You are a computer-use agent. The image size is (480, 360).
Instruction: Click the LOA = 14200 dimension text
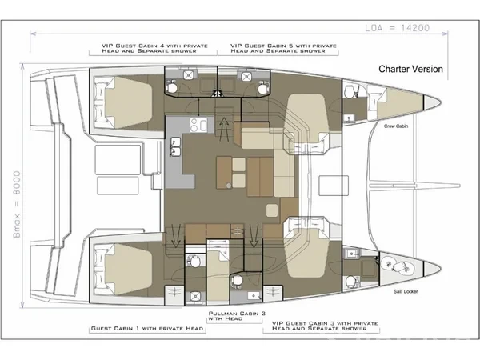point(397,28)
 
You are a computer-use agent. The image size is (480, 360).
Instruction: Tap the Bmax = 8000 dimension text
point(17,204)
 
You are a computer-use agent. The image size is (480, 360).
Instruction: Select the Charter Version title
point(410,69)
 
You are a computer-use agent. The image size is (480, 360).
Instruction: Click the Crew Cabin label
point(396,126)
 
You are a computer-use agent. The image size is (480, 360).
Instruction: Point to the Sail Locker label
point(406,291)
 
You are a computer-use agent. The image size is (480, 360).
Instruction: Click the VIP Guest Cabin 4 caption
point(154,48)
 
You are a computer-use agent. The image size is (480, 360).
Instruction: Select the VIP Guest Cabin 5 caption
point(283,48)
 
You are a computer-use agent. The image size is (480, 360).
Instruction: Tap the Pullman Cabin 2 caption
point(237,316)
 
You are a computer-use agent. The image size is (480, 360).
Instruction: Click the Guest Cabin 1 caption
point(147,329)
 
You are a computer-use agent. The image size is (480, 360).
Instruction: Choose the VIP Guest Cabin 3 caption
point(325,326)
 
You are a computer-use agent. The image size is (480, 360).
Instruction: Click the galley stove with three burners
point(198,126)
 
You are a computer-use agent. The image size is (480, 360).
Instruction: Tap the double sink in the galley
point(174,147)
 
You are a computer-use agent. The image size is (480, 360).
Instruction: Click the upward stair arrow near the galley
point(224,129)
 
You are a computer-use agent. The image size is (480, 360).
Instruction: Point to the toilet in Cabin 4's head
point(171,87)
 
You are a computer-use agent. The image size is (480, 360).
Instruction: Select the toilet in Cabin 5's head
point(262,87)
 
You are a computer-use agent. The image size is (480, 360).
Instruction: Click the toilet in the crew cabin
point(350,91)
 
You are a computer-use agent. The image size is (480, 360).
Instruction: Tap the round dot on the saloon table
point(229,186)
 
